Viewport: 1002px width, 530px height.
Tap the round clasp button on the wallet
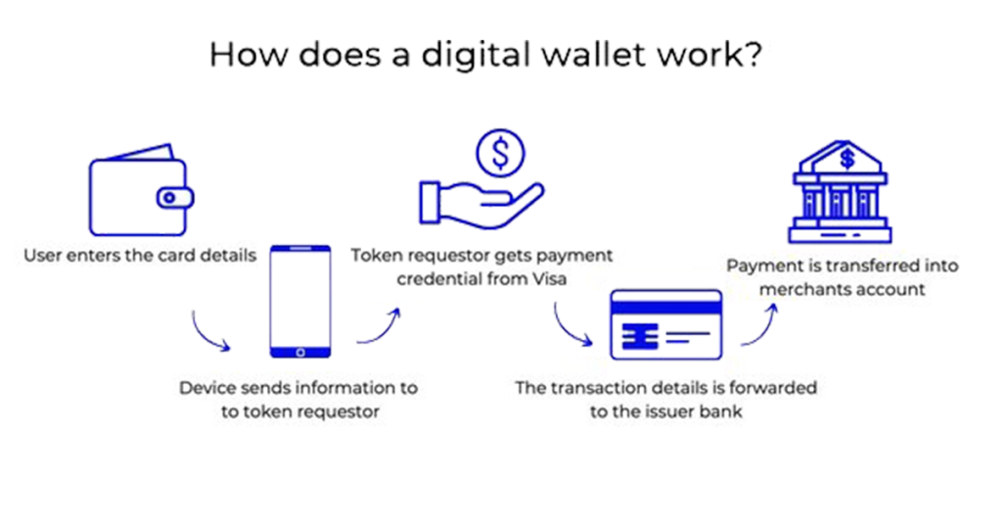(169, 198)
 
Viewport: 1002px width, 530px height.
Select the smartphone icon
(300, 301)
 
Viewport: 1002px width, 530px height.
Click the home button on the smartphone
(300, 352)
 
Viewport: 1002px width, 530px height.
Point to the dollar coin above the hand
(500, 154)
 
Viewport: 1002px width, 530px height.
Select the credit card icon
(665, 324)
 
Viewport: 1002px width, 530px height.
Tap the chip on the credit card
(640, 336)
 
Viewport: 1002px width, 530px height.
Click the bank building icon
(840, 191)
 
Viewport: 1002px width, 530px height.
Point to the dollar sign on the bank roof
(847, 159)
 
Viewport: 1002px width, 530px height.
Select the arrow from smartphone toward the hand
(381, 328)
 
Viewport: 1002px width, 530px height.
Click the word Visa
(549, 279)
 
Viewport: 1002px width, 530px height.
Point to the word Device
(204, 388)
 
